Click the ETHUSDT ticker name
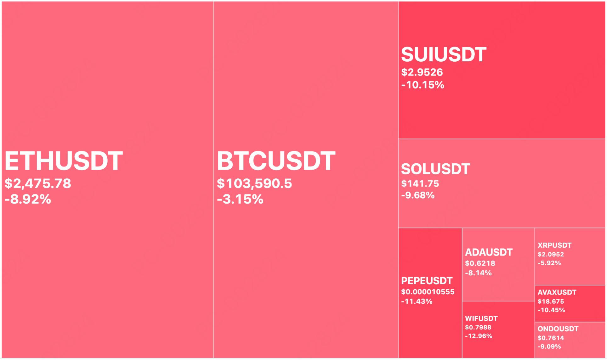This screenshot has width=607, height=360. pyautogui.click(x=64, y=161)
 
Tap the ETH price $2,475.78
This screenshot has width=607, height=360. pyautogui.click(x=38, y=183)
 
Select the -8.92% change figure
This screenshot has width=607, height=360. pyautogui.click(x=28, y=199)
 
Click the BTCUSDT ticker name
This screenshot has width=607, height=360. pyautogui.click(x=276, y=161)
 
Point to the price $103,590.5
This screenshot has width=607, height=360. pyautogui.click(x=254, y=183)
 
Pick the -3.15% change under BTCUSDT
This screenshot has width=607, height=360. pyautogui.click(x=240, y=199)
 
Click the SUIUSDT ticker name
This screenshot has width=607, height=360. pyautogui.click(x=444, y=54)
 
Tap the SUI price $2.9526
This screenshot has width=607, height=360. pyautogui.click(x=422, y=72)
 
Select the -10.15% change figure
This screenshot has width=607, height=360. pyautogui.click(x=423, y=85)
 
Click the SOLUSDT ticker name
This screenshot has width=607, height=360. pyautogui.click(x=435, y=169)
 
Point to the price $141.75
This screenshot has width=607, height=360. pyautogui.click(x=420, y=184)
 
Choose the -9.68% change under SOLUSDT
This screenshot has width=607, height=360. pyautogui.click(x=418, y=195)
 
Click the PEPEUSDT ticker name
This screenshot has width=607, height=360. pyautogui.click(x=427, y=281)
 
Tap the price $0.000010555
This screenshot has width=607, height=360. pyautogui.click(x=428, y=292)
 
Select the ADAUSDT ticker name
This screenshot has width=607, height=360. pyautogui.click(x=489, y=252)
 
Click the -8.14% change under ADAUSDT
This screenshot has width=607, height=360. pyautogui.click(x=478, y=273)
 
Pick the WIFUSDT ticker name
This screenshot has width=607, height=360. pyautogui.click(x=481, y=319)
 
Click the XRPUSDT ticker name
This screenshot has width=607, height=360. pyautogui.click(x=554, y=245)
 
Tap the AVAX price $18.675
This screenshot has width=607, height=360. pyautogui.click(x=551, y=301)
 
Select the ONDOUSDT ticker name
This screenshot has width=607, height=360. pyautogui.click(x=558, y=329)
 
